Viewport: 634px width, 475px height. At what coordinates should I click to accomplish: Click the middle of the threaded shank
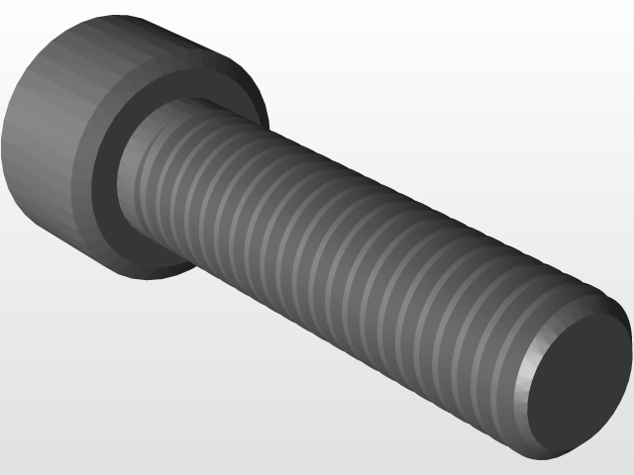click(x=337, y=257)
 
